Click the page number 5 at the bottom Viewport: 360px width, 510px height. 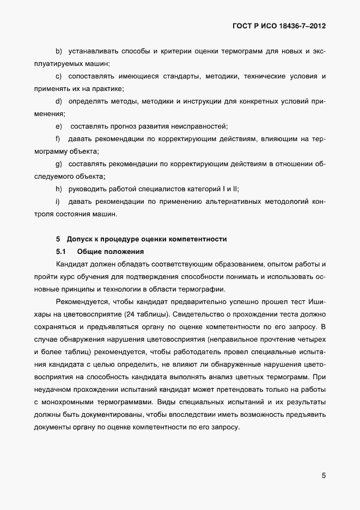324,475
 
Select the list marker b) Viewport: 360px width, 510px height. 59,51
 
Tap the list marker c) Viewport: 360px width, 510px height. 59,76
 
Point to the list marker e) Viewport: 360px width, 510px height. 59,126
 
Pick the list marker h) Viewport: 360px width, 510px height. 59,189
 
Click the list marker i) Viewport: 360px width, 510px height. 58,202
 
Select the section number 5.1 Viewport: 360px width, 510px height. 60,252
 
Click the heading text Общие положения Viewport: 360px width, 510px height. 111,252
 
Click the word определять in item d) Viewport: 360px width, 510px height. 88,101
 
